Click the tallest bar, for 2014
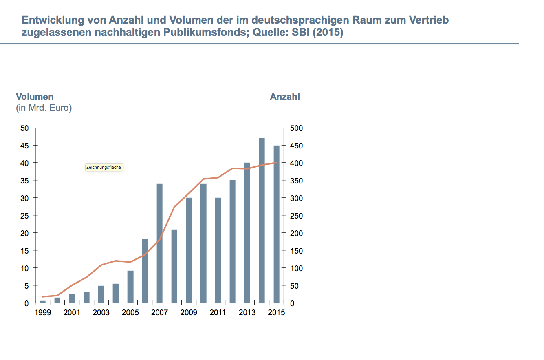click(x=262, y=221)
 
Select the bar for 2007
click(x=160, y=243)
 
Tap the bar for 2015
click(x=276, y=224)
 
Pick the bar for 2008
click(x=174, y=266)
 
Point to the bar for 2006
click(x=145, y=271)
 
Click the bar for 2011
click(x=218, y=250)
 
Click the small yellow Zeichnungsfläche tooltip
click(x=104, y=167)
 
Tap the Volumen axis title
click(x=35, y=97)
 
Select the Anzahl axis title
click(x=285, y=97)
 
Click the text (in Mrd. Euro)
click(x=44, y=108)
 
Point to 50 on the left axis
click(x=24, y=128)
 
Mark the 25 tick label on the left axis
click(x=24, y=216)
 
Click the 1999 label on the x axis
click(x=42, y=313)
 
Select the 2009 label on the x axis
click(x=189, y=313)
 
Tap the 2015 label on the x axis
click(x=276, y=313)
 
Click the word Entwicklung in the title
click(x=48, y=20)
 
